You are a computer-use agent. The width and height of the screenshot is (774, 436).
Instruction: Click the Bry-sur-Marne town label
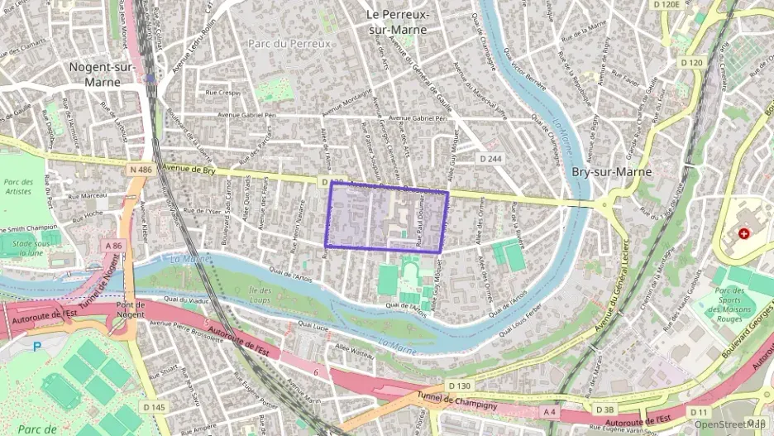pyautogui.click(x=611, y=172)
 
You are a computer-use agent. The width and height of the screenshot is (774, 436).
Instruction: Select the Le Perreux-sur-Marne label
pyautogui.click(x=397, y=22)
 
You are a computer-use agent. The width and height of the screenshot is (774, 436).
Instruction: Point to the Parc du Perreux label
pyautogui.click(x=289, y=43)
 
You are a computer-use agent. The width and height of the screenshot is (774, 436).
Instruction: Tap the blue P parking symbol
pyautogui.click(x=36, y=347)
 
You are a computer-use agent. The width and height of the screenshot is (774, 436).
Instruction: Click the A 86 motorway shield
pyautogui.click(x=113, y=246)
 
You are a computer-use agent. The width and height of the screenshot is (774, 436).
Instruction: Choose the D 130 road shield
pyautogui.click(x=460, y=386)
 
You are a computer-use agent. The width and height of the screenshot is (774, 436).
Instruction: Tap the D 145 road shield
pyautogui.click(x=153, y=407)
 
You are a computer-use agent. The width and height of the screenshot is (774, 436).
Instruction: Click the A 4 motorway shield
pyautogui.click(x=549, y=410)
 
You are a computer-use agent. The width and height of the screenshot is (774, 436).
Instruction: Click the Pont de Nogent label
pyautogui.click(x=131, y=310)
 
